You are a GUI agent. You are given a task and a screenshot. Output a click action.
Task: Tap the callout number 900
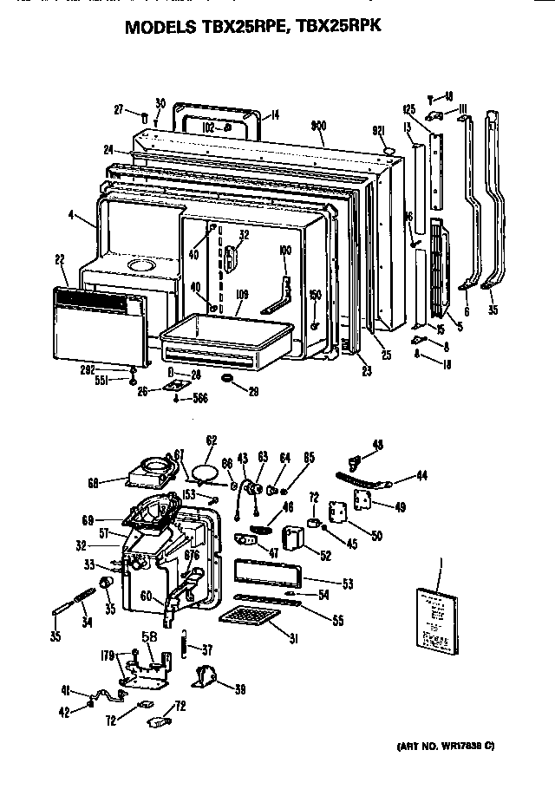317,126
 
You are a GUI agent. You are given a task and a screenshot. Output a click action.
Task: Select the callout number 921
378,130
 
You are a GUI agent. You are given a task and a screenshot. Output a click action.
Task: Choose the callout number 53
347,584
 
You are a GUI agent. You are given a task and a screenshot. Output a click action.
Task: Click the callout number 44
421,475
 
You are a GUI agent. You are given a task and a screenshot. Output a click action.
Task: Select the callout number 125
409,109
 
